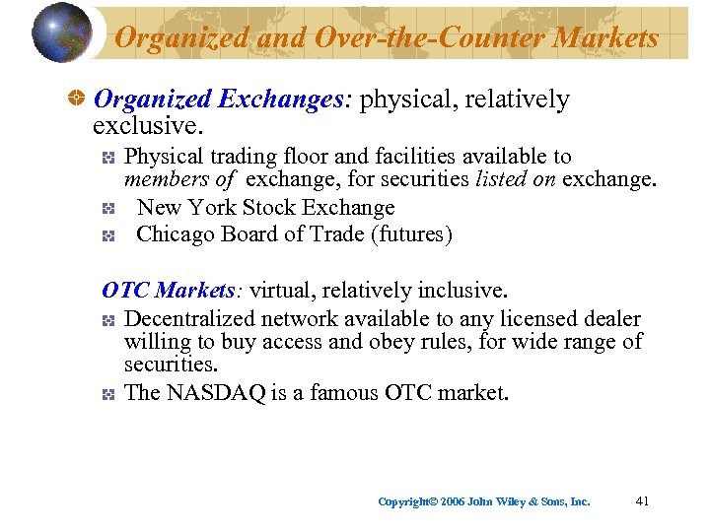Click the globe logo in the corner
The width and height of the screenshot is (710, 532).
[x=61, y=33]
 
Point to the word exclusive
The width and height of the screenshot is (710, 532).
[x=143, y=125]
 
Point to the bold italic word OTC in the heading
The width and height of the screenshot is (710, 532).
[x=126, y=291]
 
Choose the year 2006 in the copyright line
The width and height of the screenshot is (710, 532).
[x=453, y=501]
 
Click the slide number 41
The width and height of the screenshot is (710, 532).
[x=642, y=501]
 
